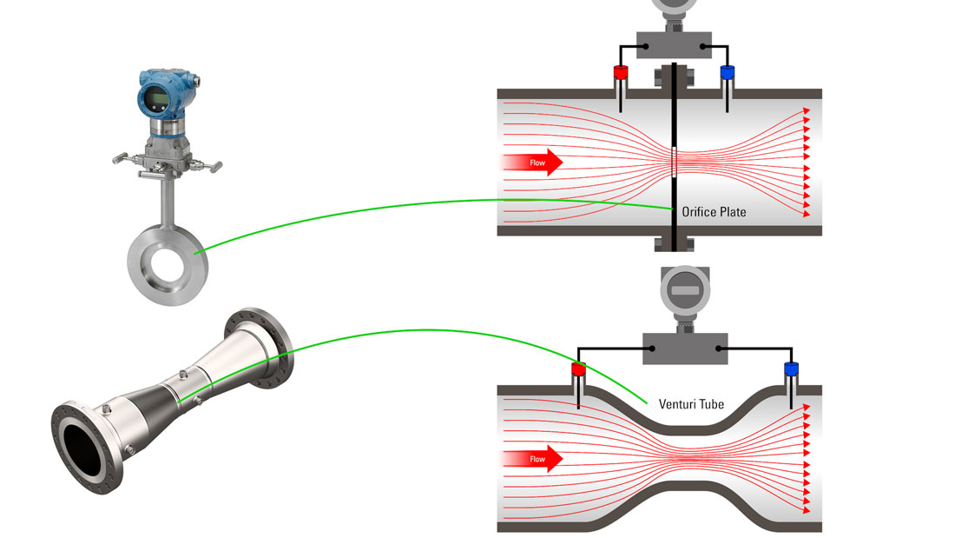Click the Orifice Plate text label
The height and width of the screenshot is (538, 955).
(x=714, y=212)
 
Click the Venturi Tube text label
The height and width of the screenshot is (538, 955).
(x=691, y=404)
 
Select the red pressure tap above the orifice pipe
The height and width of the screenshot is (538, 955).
(x=621, y=72)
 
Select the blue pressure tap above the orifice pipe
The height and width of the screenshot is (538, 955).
(x=728, y=72)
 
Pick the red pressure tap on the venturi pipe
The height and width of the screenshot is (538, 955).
(x=578, y=371)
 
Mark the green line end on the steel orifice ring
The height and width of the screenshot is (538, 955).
(x=197, y=253)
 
